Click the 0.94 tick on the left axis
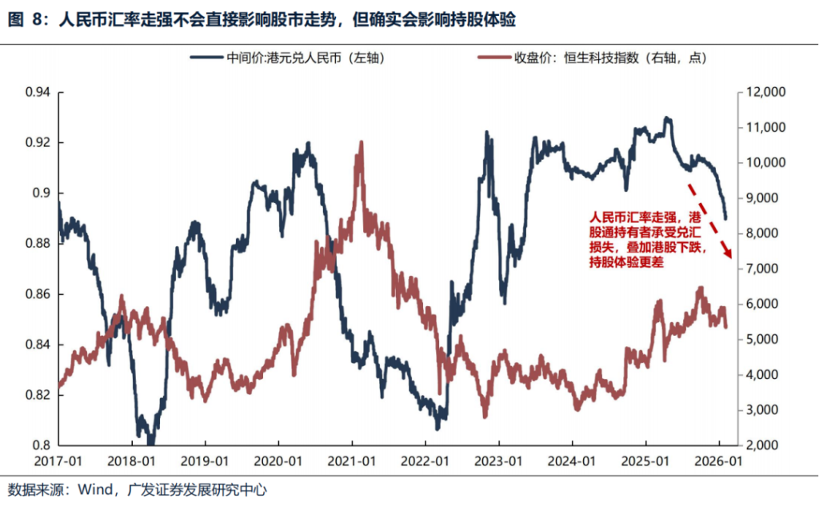coord(37,93)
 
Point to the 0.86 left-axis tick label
coord(37,294)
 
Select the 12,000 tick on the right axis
coord(765,93)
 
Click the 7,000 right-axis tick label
coord(762,269)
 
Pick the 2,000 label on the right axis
coord(762,445)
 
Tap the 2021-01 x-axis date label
coord(353,461)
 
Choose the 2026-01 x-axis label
coord(719,461)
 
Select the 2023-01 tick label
coord(500,461)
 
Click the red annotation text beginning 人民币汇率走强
coord(645,240)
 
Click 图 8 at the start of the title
coord(24,20)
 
